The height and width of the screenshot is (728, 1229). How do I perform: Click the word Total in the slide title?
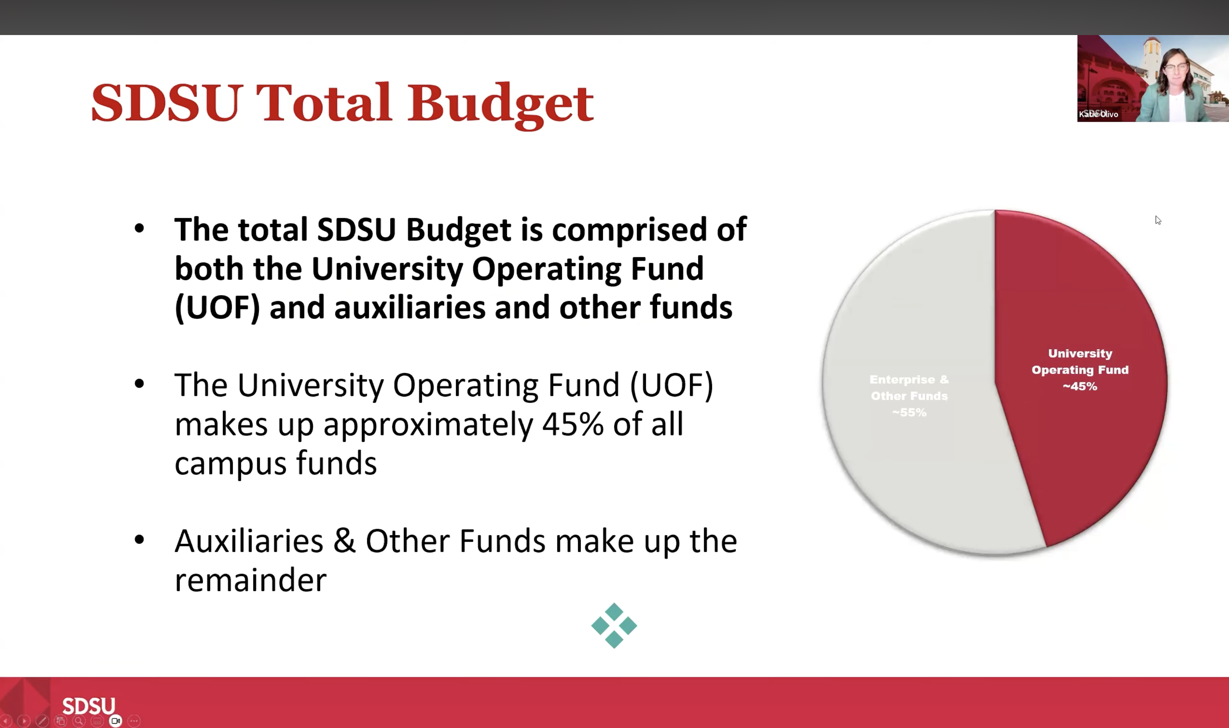click(324, 103)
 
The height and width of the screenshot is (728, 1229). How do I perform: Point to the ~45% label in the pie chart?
click(1080, 387)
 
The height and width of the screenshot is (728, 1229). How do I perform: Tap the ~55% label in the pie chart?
click(909, 413)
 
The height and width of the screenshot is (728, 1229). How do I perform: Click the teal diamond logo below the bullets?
click(614, 625)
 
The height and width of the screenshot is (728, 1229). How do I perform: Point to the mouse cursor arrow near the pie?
click(1158, 220)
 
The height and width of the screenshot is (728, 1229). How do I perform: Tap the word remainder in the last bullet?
click(251, 580)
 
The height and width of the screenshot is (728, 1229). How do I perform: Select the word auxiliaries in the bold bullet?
click(410, 307)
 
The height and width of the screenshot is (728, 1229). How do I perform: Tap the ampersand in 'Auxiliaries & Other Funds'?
click(344, 541)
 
